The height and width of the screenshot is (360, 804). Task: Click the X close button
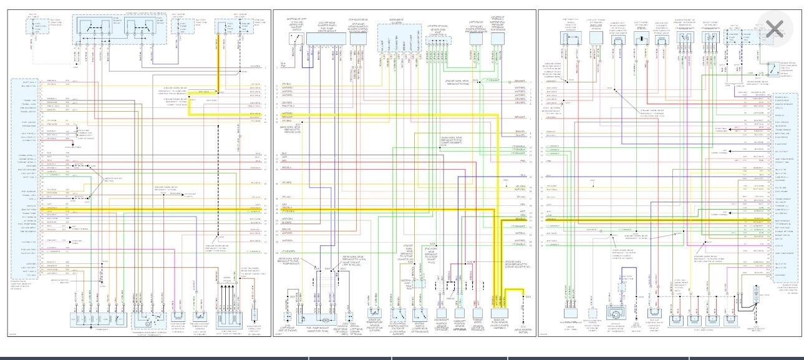pyautogui.click(x=774, y=29)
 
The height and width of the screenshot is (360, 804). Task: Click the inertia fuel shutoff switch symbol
pyautogui.click(x=293, y=39)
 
